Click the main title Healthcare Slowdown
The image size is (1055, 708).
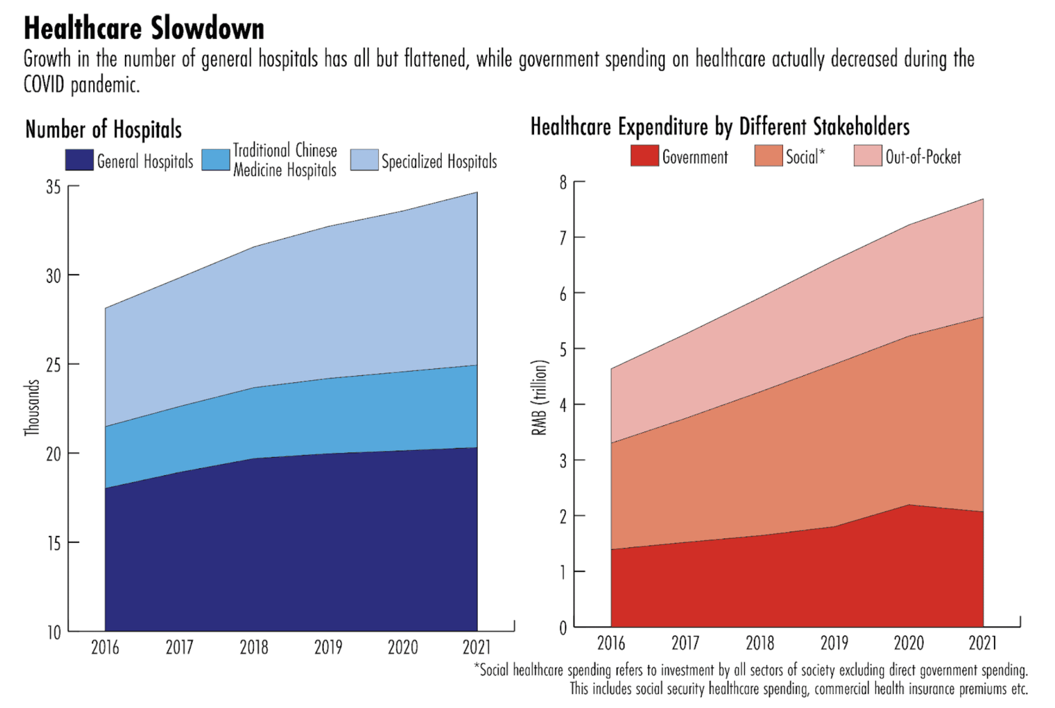[144, 29]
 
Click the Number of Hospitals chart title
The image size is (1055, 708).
[103, 129]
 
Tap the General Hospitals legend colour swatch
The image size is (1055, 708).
[79, 160]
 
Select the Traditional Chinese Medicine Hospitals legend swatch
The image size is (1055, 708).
[216, 160]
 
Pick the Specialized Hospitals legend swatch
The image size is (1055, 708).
[364, 160]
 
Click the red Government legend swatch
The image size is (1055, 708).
[644, 156]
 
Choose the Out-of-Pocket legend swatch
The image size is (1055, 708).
[867, 156]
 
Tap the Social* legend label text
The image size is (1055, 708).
[805, 157]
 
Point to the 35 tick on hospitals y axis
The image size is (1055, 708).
[54, 187]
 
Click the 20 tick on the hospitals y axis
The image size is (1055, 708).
[54, 454]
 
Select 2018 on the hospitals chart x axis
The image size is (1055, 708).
[254, 647]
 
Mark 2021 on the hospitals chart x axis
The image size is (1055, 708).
[477, 647]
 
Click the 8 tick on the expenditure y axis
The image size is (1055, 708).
[563, 182]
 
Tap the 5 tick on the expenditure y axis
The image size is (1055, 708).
[563, 349]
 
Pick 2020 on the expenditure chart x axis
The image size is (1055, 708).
[908, 643]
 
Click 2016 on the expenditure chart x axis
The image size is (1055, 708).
[611, 643]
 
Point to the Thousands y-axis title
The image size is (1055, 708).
[32, 408]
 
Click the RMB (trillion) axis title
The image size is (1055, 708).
[539, 398]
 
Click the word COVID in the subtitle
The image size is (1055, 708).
[44, 85]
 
